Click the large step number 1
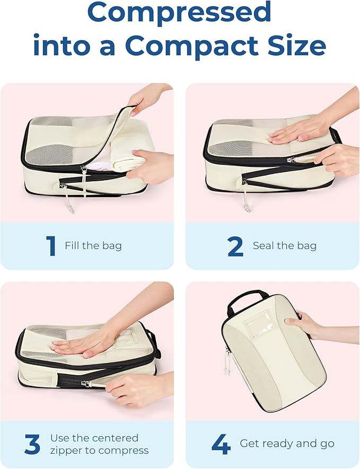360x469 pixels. (51, 246)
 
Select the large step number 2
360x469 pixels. (235, 246)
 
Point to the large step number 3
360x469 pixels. (32, 445)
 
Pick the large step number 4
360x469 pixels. (221, 445)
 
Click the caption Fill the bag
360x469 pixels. (93, 245)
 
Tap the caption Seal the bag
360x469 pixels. (285, 245)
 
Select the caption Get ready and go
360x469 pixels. (287, 443)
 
